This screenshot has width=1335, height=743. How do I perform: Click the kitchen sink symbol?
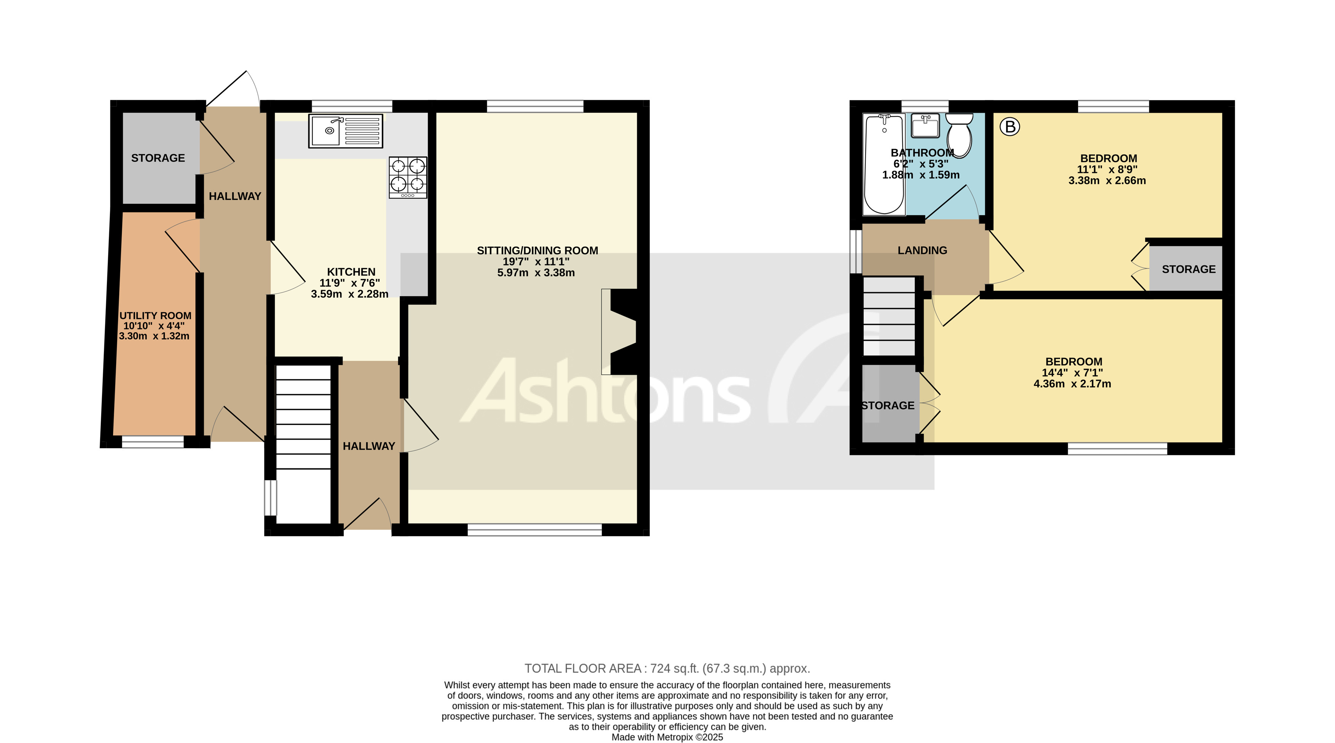pos(345,131)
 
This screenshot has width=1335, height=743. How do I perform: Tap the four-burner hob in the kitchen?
pos(408,177)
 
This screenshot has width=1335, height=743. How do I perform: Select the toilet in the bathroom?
pos(959,135)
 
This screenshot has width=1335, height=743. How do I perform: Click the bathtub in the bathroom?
pos(884,164)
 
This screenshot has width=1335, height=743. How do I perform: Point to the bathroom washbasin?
pos(925,126)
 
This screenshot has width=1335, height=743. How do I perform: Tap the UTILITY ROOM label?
pos(155,316)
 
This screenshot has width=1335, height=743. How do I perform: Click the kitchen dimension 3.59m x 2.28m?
pos(349,294)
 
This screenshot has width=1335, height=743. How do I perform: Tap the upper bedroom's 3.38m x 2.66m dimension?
pos(1107,181)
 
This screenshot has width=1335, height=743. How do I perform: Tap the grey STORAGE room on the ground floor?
pos(158,158)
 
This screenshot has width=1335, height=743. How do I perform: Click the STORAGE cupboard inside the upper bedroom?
pos(1188,268)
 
